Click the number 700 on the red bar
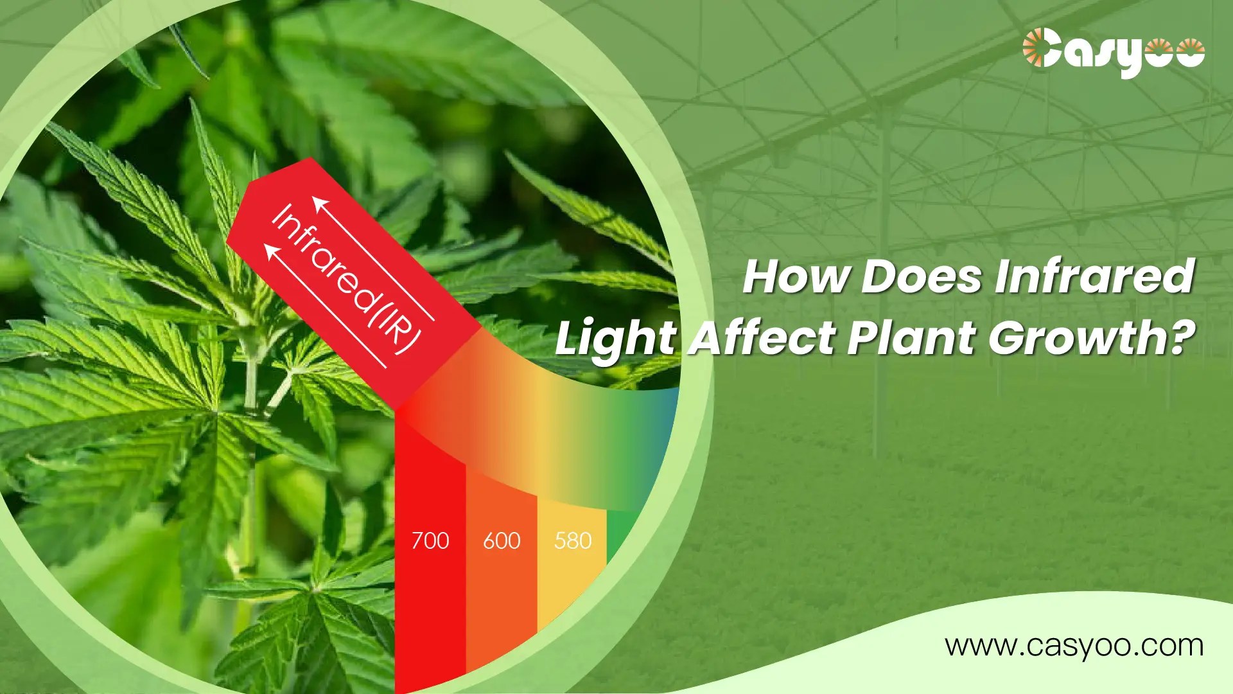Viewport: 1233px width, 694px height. pyautogui.click(x=430, y=541)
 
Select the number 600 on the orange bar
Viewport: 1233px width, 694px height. pyautogui.click(x=502, y=541)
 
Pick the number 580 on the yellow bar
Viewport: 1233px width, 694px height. pyautogui.click(x=573, y=541)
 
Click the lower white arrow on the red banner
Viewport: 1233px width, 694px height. pyautogui.click(x=325, y=305)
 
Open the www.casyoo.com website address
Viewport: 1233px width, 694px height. pyautogui.click(x=1074, y=645)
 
